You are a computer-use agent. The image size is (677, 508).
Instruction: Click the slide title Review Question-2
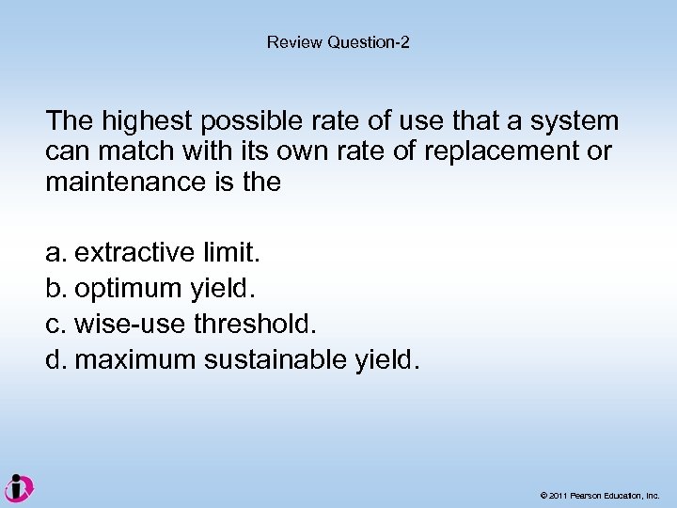coord(338,42)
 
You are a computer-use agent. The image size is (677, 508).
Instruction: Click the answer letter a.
coord(55,253)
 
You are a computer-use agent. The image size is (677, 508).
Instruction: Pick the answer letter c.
coord(55,325)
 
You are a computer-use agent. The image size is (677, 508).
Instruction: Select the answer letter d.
coord(55,360)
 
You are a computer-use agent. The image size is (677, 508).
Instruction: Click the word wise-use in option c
coord(130,325)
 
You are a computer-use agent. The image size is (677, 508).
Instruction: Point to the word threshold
coord(256,325)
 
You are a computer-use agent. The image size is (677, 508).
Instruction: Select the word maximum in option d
coord(137,360)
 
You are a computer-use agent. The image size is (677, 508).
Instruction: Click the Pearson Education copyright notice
coord(600,495)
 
